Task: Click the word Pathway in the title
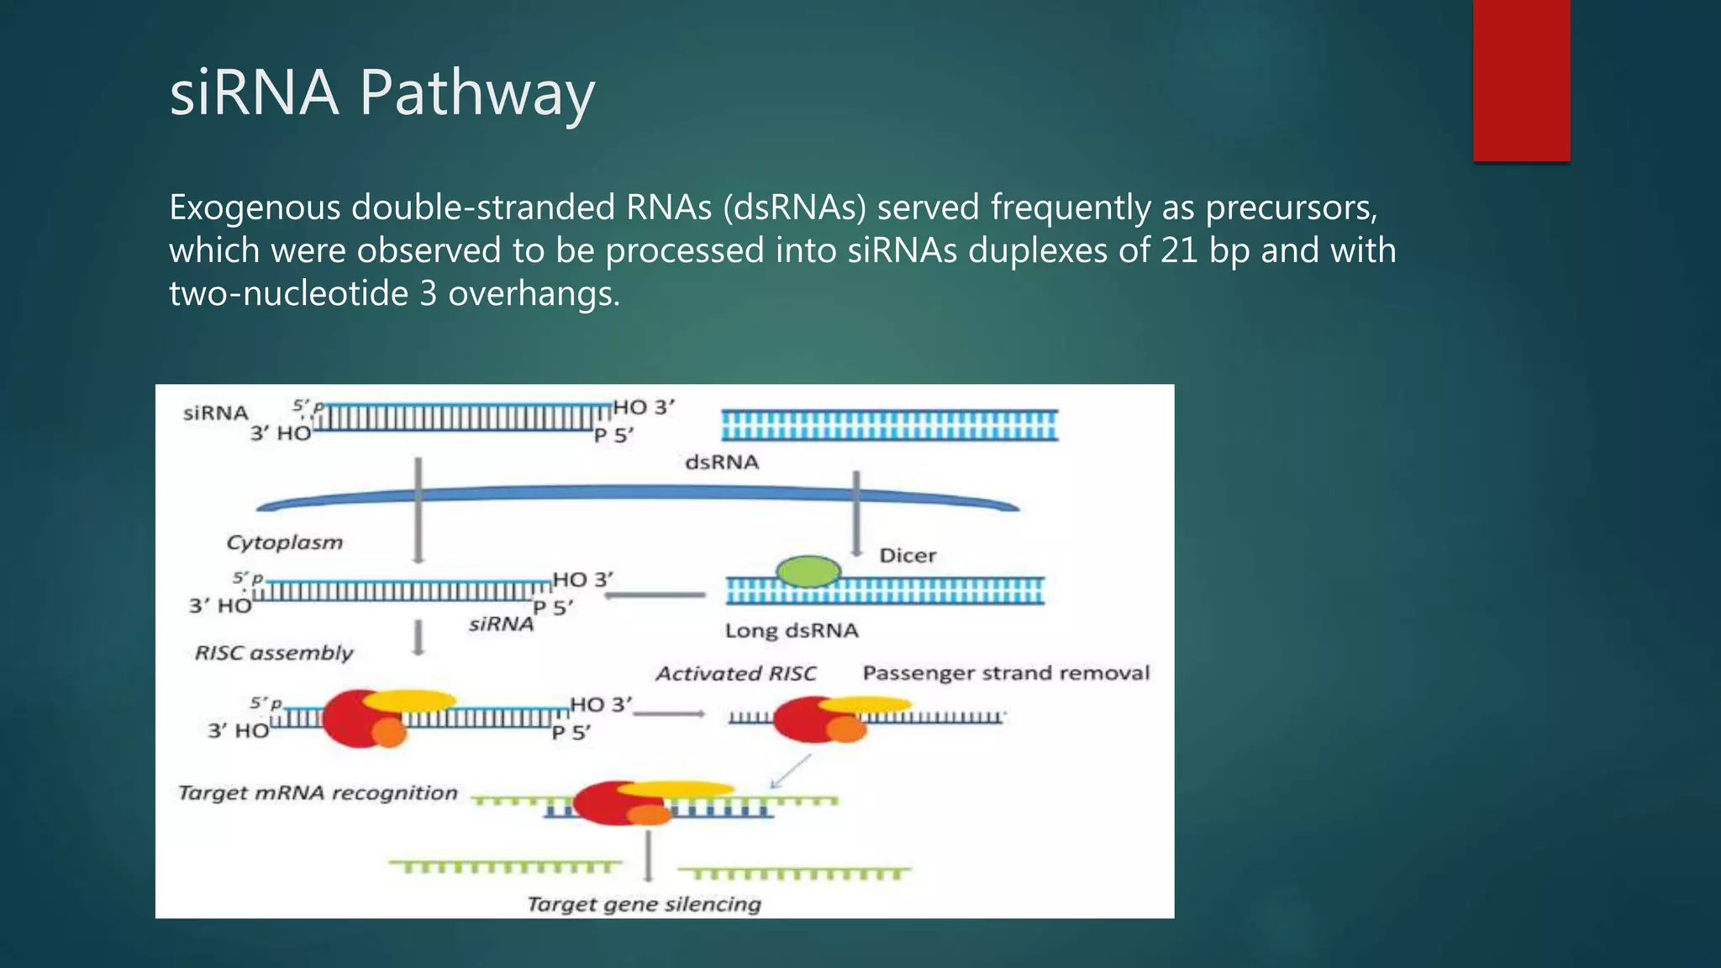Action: click(476, 92)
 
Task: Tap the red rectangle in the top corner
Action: click(1521, 80)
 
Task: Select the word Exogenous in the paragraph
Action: click(254, 208)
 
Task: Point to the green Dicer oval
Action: click(808, 571)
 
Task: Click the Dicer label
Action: click(907, 555)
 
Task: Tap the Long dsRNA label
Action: click(792, 630)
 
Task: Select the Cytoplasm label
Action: click(284, 542)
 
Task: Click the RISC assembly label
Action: click(274, 653)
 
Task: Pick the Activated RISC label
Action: click(735, 673)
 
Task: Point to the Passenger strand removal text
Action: click(1005, 673)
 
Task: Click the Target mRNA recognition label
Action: click(318, 792)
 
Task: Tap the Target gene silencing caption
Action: click(644, 904)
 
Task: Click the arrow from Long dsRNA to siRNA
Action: click(655, 595)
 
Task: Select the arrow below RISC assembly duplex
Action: click(418, 637)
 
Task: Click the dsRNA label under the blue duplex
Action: click(721, 462)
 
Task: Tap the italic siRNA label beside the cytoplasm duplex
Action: click(501, 624)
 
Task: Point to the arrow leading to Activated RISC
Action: click(669, 714)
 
